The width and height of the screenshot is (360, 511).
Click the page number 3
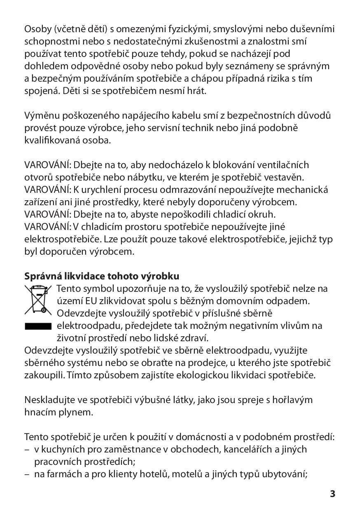click(332, 494)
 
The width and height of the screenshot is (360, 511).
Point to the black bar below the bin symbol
click(37, 326)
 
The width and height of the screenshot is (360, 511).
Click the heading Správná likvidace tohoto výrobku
click(102, 276)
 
